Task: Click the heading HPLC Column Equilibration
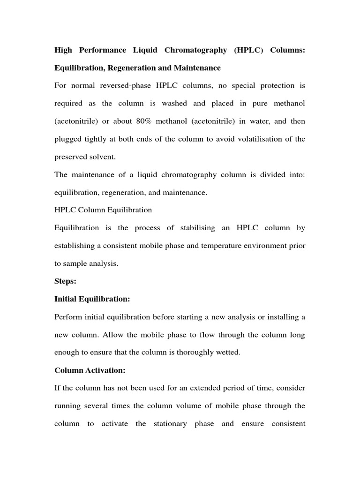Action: click(103, 210)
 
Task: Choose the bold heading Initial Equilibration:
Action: click(92, 300)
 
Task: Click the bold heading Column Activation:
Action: click(90, 370)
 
